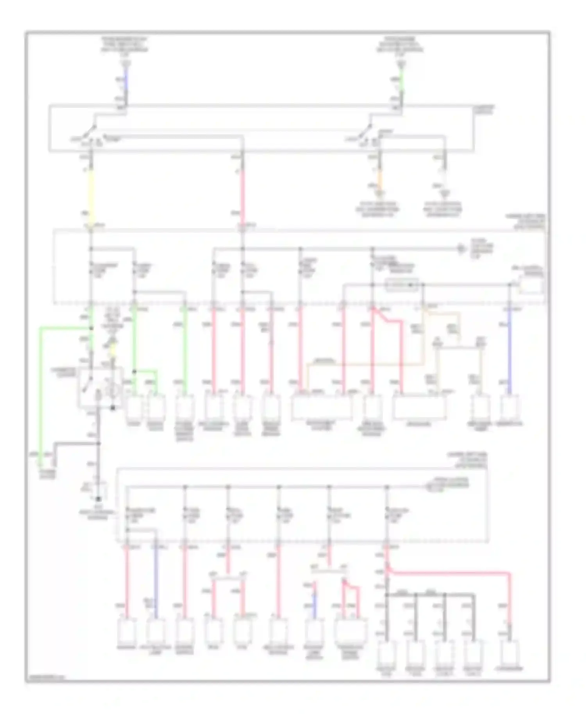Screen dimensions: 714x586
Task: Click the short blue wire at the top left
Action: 126,80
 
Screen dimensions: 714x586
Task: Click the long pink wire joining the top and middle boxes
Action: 242,191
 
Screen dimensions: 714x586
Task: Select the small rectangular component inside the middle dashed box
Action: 402,285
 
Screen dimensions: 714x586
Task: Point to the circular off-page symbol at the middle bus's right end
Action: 462,248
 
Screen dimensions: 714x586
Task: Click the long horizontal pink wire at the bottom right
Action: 449,573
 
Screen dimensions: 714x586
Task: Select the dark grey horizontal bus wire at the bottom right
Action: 430,595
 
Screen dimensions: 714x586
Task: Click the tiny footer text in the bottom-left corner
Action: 46,678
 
